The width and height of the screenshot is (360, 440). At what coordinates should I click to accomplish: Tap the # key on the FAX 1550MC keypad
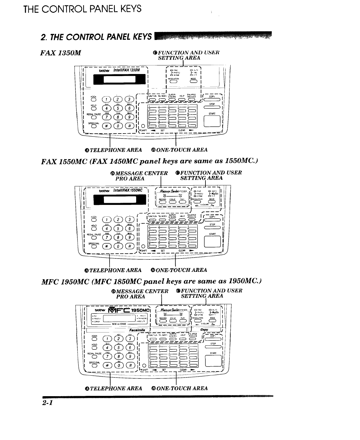(129, 245)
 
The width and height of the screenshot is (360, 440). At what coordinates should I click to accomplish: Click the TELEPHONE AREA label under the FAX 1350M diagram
(113, 150)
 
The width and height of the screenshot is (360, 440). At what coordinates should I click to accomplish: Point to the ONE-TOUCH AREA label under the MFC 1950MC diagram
(179, 388)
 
